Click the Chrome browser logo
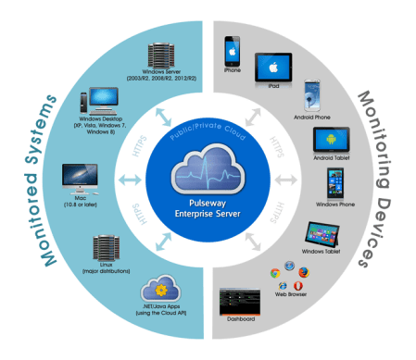click(x=274, y=273)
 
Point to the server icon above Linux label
click(x=104, y=247)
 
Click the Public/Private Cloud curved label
click(x=208, y=132)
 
